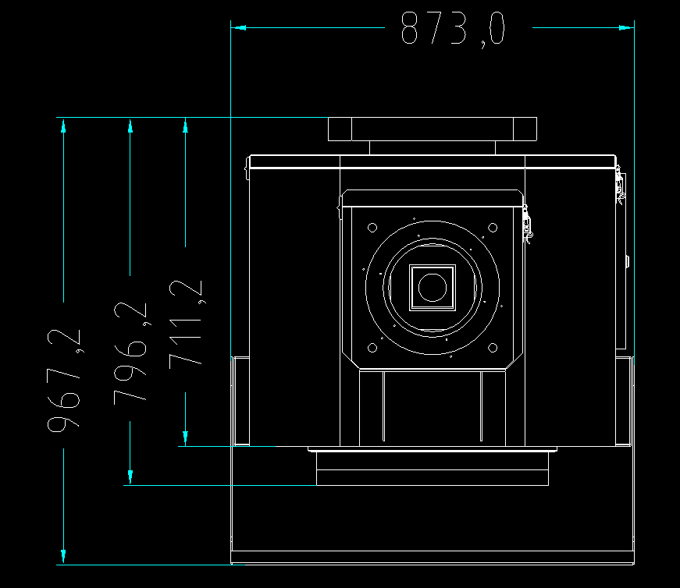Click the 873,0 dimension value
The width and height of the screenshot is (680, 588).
[453, 29]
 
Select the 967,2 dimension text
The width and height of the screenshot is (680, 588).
[64, 381]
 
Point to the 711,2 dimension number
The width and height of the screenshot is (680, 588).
[186, 324]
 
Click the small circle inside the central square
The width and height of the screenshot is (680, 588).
[433, 287]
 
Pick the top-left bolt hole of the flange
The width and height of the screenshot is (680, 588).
[372, 228]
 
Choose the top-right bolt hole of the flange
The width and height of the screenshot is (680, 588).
[493, 228]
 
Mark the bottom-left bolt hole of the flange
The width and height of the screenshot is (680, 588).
[372, 348]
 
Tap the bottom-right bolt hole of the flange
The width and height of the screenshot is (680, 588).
[493, 348]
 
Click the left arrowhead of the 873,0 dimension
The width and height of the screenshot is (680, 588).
[238, 28]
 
